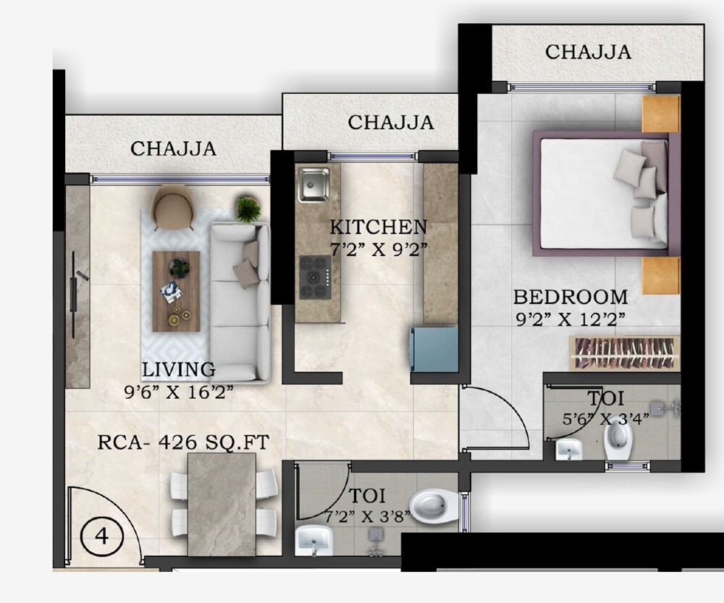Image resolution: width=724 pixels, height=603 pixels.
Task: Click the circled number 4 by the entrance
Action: pos(102,536)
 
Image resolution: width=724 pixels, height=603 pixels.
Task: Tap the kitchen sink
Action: pos(313,184)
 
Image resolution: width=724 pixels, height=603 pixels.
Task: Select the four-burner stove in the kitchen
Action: pos(313,277)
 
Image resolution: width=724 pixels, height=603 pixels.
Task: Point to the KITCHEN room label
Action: pos(378,227)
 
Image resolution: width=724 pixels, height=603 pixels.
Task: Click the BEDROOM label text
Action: pos(571,297)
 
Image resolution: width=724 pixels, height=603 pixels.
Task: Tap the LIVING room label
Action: pos(178,370)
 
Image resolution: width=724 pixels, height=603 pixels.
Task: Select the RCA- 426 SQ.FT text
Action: pos(182,442)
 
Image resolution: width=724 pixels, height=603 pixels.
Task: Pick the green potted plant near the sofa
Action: pos(248,208)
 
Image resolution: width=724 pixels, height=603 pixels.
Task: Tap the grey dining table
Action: pos(222,503)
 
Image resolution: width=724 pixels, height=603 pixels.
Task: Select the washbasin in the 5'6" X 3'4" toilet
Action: pos(569,450)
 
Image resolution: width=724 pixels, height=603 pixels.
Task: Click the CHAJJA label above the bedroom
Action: pos(588,52)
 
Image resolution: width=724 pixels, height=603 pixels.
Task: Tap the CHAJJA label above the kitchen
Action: pos(391,123)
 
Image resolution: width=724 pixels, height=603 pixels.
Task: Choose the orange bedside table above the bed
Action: pos(661,114)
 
